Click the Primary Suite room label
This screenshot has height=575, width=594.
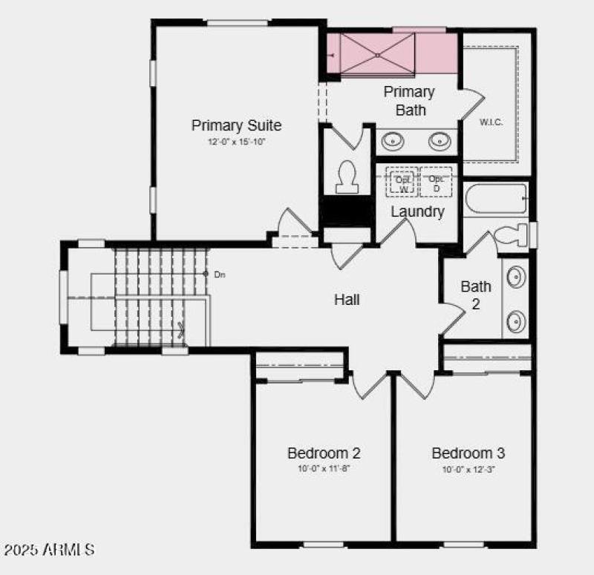click(236, 125)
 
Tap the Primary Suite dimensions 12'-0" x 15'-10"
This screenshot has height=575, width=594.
click(236, 141)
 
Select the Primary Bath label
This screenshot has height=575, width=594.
click(409, 101)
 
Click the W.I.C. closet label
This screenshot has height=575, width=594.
click(491, 122)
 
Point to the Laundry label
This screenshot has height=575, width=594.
click(417, 212)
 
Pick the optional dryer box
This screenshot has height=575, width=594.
click(436, 183)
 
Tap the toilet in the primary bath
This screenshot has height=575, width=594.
click(347, 178)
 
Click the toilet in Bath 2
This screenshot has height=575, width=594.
click(512, 235)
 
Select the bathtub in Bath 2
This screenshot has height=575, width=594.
click(495, 199)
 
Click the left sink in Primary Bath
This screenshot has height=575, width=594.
click(391, 140)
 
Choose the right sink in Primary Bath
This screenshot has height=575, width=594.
click(442, 140)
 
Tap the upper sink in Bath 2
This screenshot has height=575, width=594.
click(515, 277)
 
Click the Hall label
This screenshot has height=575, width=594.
click(347, 300)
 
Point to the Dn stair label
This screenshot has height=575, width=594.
click(219, 275)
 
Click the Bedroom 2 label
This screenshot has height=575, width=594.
click(324, 453)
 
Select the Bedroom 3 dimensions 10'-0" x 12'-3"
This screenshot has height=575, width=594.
click(469, 469)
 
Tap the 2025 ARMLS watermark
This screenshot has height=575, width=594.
click(49, 550)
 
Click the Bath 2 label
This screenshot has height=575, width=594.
click(476, 294)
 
